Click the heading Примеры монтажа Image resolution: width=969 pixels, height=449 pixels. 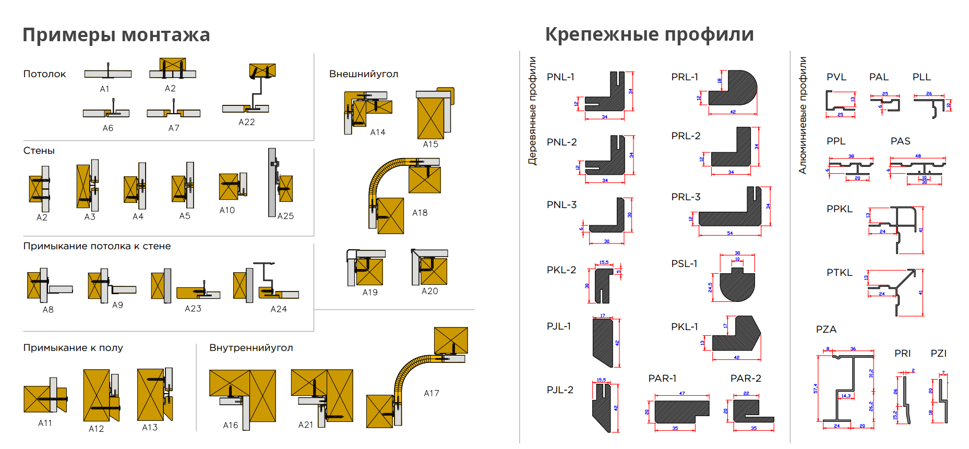(116, 35)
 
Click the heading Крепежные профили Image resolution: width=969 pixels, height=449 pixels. (649, 34)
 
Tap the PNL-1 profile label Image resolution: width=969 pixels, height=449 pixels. (560, 77)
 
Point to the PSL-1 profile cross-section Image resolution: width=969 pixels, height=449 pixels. (737, 284)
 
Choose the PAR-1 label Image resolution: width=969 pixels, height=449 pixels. (662, 378)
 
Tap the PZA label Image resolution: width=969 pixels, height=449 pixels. (826, 330)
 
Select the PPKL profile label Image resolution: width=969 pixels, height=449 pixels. (839, 209)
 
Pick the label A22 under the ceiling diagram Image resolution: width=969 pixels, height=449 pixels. (246, 122)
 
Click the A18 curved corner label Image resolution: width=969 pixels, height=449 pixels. (420, 213)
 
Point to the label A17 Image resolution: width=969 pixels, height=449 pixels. (431, 393)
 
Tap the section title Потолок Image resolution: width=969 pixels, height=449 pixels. (44, 74)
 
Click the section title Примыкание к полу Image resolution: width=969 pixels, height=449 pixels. (73, 348)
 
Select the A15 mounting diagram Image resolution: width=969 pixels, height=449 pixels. (434, 114)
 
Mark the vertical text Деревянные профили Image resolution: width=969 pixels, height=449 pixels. (532, 111)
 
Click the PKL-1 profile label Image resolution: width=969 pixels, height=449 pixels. (684, 327)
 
